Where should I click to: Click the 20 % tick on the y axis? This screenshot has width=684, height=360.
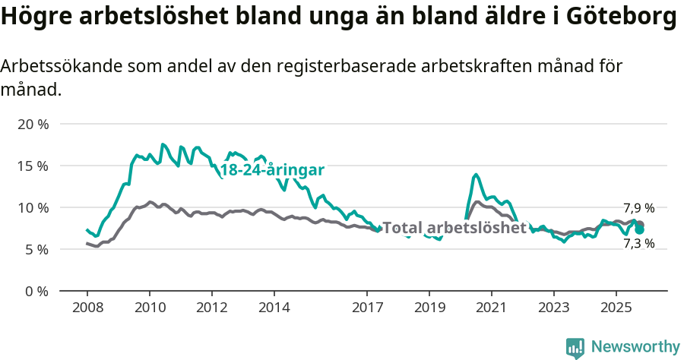pyautogui.click(x=33, y=124)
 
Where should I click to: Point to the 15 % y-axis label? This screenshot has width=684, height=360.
pyautogui.click(x=33, y=166)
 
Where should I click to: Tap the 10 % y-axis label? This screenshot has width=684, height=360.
pyautogui.click(x=33, y=207)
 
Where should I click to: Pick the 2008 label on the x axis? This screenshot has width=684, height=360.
pyautogui.click(x=87, y=308)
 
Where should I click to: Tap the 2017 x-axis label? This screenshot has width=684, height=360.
pyautogui.click(x=367, y=308)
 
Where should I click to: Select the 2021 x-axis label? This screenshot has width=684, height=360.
pyautogui.click(x=491, y=308)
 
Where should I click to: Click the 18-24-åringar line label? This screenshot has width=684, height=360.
pyautogui.click(x=272, y=170)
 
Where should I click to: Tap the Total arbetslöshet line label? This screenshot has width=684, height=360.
pyautogui.click(x=454, y=227)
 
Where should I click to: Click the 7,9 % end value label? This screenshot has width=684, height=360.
pyautogui.click(x=638, y=208)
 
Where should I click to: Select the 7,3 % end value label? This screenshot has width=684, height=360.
pyautogui.click(x=638, y=244)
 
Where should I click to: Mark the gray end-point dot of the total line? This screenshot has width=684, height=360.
pyautogui.click(x=640, y=225)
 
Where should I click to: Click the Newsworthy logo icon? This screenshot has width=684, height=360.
pyautogui.click(x=575, y=348)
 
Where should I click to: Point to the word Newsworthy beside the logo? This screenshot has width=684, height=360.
pyautogui.click(x=635, y=347)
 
